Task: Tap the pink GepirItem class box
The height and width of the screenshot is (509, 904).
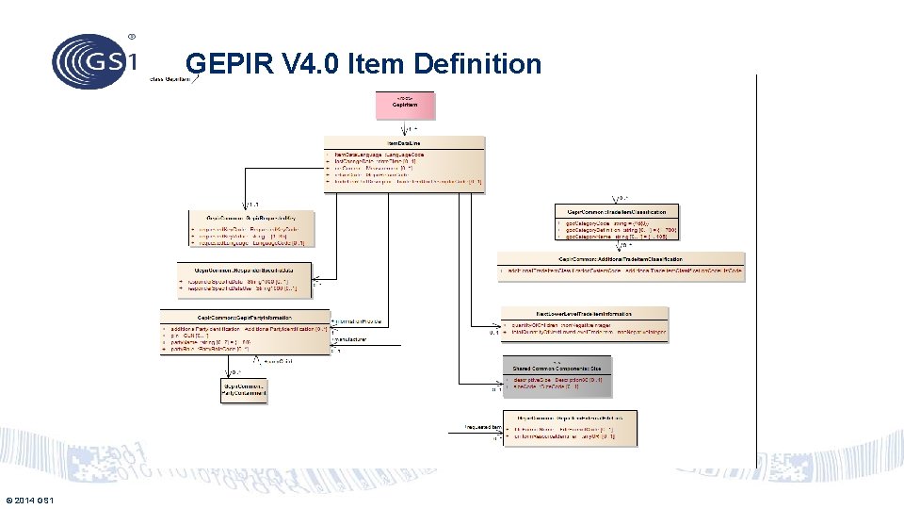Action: [x=406, y=105]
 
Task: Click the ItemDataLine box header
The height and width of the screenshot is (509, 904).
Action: [x=404, y=142]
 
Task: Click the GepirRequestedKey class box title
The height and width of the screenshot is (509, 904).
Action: [x=251, y=217]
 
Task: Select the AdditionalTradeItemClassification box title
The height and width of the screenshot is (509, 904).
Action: [x=621, y=258]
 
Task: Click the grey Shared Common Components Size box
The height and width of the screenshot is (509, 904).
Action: [x=557, y=374]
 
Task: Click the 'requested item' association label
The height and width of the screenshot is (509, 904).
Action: [x=482, y=427]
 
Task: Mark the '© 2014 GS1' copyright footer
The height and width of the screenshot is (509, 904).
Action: [x=29, y=500]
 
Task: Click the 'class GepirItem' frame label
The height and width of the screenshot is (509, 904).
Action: [x=170, y=79]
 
